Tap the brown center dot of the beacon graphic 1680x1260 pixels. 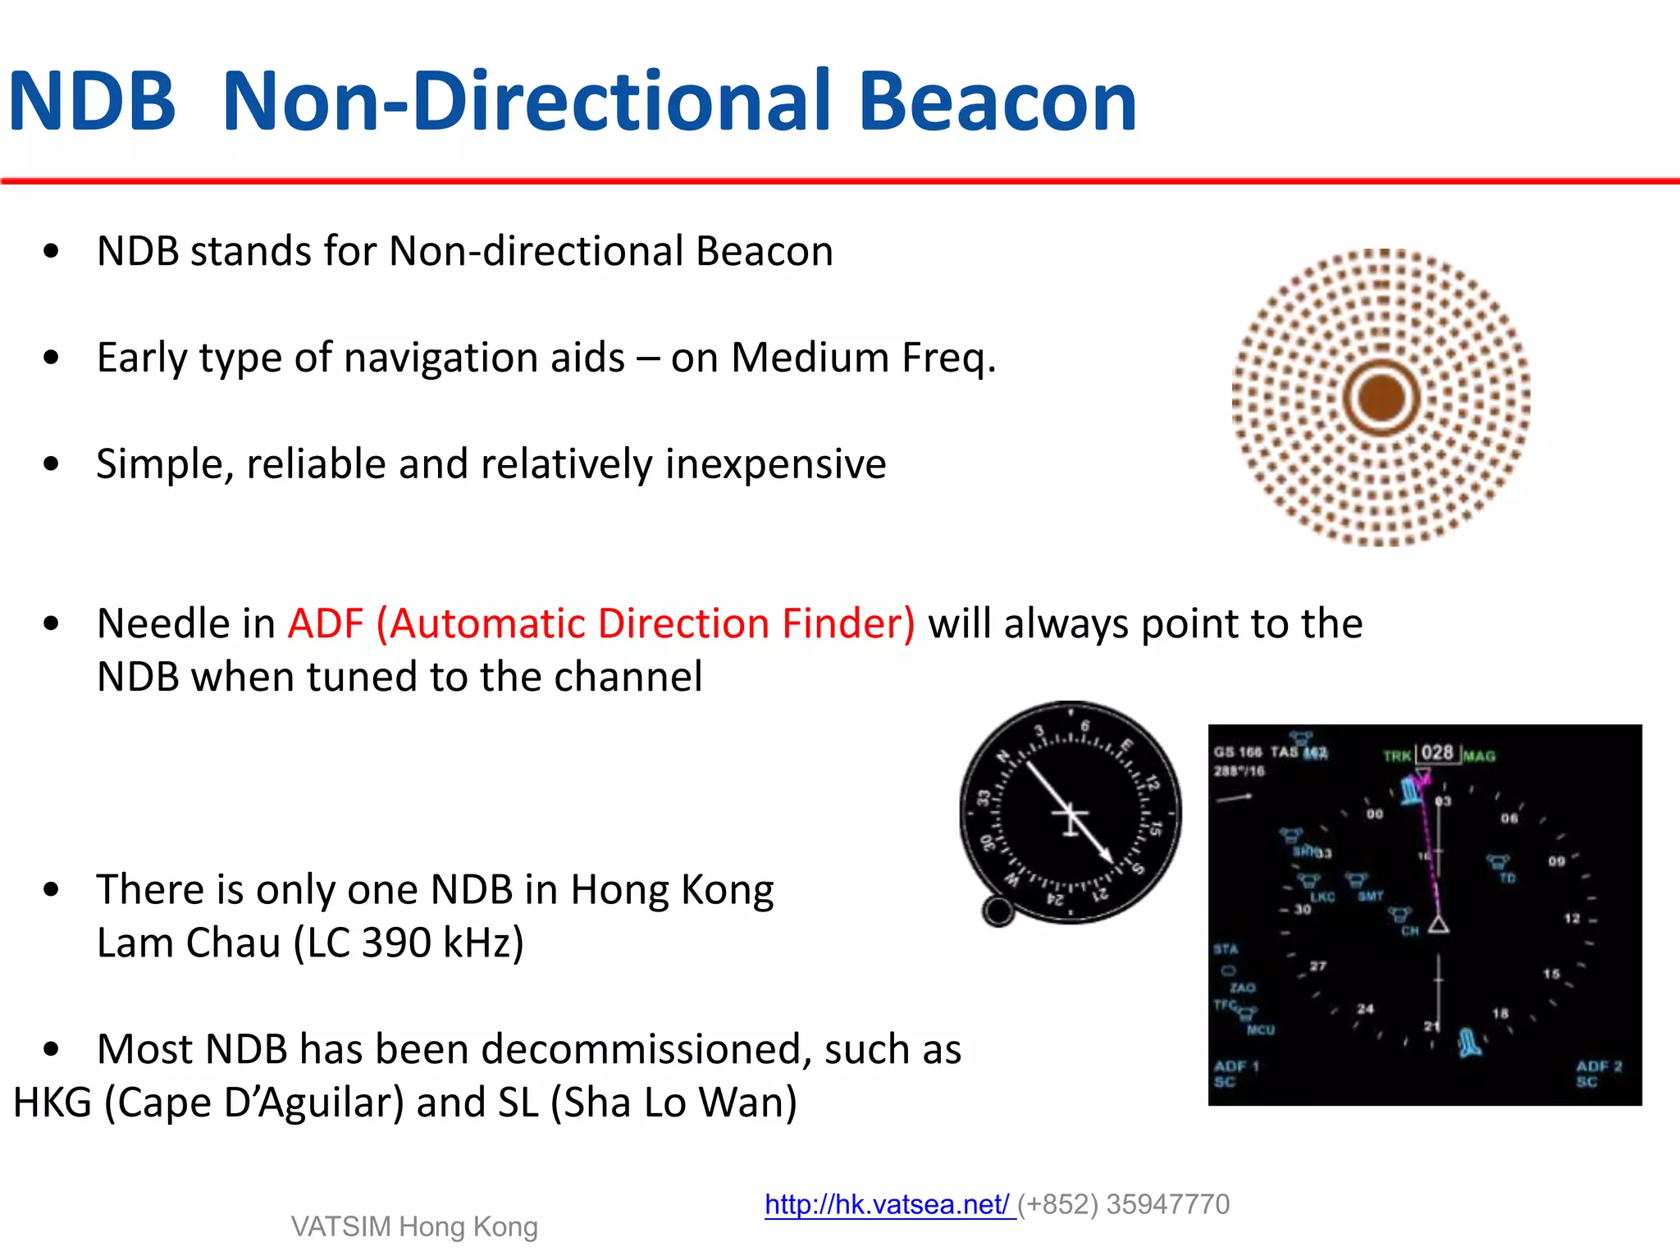point(1381,397)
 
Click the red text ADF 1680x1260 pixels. point(325,623)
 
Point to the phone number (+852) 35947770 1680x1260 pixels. point(1124,1204)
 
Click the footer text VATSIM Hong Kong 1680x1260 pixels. point(414,1226)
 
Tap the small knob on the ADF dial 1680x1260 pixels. point(998,911)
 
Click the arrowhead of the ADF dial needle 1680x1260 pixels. point(1107,856)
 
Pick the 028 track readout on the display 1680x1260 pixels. point(1436,753)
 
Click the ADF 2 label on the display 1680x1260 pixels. point(1598,1066)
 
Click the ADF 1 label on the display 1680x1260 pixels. point(1236,1066)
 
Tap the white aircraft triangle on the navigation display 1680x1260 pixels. point(1438,925)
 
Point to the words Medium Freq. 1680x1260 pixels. point(863,358)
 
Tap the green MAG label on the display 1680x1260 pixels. point(1479,756)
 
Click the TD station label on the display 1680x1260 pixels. point(1507,879)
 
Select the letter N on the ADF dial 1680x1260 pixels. point(1002,757)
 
